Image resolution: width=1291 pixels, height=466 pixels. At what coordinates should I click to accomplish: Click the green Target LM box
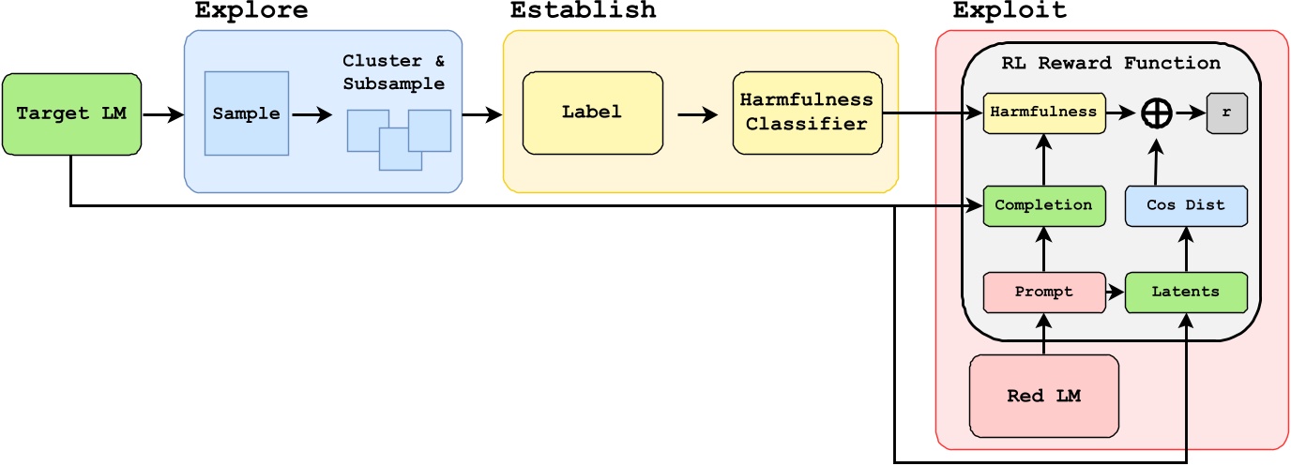[x=71, y=114]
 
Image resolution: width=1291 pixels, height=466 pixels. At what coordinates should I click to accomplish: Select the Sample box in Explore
[x=246, y=113]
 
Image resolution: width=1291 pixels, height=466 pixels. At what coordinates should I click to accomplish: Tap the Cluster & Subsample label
[x=393, y=71]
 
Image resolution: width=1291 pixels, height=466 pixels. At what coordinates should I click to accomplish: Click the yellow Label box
[x=592, y=112]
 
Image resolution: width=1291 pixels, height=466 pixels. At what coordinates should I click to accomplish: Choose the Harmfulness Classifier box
[x=807, y=112]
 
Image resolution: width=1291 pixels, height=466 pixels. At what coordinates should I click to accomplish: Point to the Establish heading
[x=583, y=11]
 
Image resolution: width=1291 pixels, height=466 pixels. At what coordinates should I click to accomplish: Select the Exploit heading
[x=1010, y=11]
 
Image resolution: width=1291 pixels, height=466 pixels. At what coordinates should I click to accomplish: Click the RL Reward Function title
[x=1110, y=63]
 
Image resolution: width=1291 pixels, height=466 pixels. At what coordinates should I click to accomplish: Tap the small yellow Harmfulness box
[x=1044, y=112]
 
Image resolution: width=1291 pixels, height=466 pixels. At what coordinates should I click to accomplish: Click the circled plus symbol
[x=1156, y=113]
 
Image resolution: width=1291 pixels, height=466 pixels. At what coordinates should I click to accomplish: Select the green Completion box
[x=1043, y=204]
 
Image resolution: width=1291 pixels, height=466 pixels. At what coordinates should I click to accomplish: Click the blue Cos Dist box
[x=1186, y=204]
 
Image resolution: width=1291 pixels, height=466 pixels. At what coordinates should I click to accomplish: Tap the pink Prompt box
[x=1042, y=292]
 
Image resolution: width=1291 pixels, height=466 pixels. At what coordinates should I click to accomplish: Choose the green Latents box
[x=1186, y=292]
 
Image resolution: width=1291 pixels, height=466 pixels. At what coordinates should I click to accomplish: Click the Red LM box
[x=1043, y=395]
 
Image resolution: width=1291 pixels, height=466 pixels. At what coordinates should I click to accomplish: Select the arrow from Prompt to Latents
[x=1114, y=293]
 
